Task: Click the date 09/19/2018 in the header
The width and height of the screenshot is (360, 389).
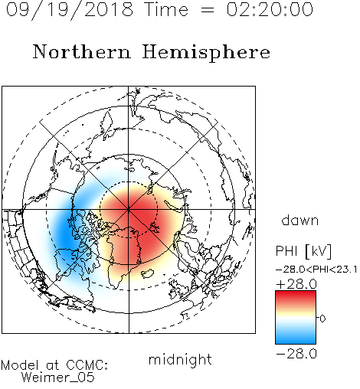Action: click(70, 10)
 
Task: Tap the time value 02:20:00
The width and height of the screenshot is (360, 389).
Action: click(270, 9)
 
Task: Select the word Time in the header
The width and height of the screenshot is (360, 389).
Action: click(166, 9)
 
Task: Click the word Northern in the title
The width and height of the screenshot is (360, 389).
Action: click(82, 52)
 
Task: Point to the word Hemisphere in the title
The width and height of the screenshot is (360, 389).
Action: click(206, 53)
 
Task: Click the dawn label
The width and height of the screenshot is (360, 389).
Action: click(300, 221)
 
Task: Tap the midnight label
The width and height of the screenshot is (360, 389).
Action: click(180, 360)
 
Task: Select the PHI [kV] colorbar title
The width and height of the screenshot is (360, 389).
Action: click(304, 251)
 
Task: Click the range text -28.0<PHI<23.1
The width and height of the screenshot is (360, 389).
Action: click(316, 270)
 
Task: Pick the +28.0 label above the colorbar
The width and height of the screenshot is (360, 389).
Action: click(296, 284)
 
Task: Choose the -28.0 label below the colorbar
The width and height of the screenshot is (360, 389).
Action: click(296, 354)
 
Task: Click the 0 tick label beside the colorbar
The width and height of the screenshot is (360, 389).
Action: click(322, 319)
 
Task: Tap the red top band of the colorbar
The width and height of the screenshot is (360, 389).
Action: click(296, 296)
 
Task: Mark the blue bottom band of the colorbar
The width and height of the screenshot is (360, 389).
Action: click(296, 338)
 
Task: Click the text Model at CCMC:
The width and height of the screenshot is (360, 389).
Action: click(54, 365)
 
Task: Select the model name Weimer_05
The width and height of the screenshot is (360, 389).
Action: click(58, 378)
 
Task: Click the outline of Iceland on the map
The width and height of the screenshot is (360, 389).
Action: click(148, 273)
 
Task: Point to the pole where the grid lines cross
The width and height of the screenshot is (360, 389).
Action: click(129, 210)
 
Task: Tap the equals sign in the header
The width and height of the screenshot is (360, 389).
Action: click(208, 10)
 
